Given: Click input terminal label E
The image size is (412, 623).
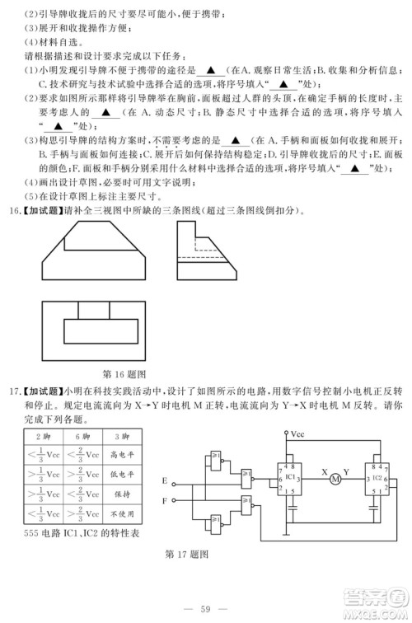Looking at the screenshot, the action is [165, 480].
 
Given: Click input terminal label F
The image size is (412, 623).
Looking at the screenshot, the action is [165, 499].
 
